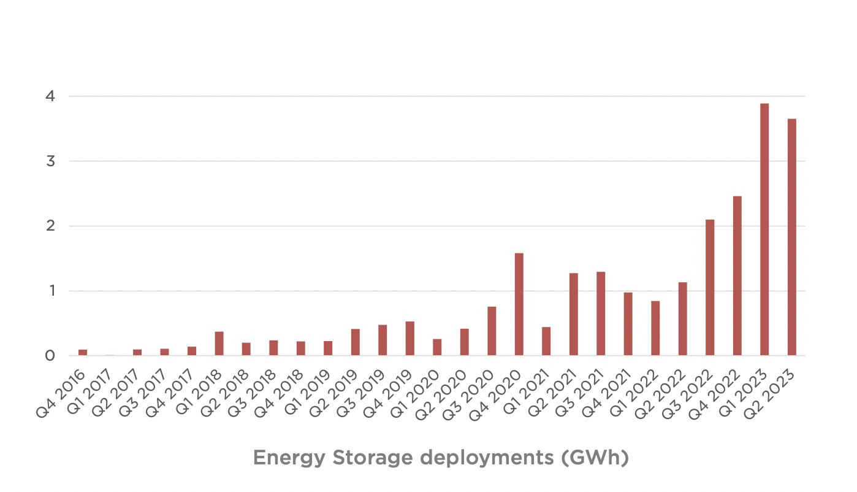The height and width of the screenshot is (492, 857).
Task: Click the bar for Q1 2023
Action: click(764, 229)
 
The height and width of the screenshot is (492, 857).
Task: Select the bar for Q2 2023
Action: click(791, 237)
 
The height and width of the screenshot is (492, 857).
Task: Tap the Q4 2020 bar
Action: click(519, 304)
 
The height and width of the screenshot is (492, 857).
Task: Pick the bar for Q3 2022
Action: click(710, 287)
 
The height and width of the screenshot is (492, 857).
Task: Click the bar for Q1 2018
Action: click(219, 344)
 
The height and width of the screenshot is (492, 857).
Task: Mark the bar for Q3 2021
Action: click(601, 313)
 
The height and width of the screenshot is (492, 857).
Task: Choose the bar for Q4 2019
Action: click(410, 339)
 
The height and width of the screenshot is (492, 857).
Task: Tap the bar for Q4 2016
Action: click(83, 352)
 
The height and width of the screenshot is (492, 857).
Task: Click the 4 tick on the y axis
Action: click(51, 96)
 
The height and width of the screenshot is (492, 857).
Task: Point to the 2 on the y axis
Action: click(51, 226)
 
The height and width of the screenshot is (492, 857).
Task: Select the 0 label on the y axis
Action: click(51, 356)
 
